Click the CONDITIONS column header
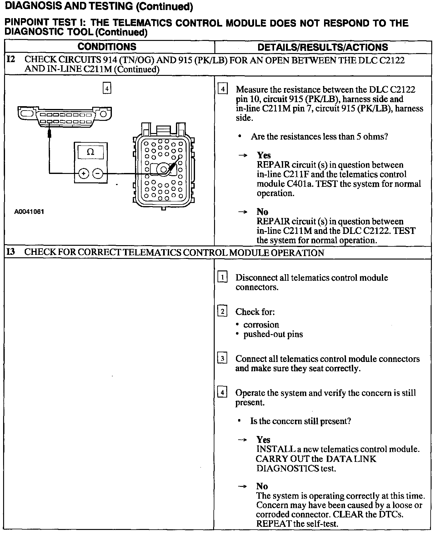[x=107, y=47]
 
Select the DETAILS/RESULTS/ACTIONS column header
[x=322, y=47]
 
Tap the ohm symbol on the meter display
[x=90, y=152]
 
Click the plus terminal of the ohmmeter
[x=84, y=173]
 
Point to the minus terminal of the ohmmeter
[x=98, y=173]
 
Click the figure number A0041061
[x=29, y=212]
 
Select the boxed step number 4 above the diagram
[x=107, y=88]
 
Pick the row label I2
[x=11, y=59]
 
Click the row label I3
[x=11, y=252]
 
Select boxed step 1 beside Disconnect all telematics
[x=222, y=277]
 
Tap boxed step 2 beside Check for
[x=222, y=311]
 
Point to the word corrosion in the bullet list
[x=261, y=325]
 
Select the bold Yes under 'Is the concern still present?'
[x=263, y=440]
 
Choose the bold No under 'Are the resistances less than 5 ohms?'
[x=262, y=212]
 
